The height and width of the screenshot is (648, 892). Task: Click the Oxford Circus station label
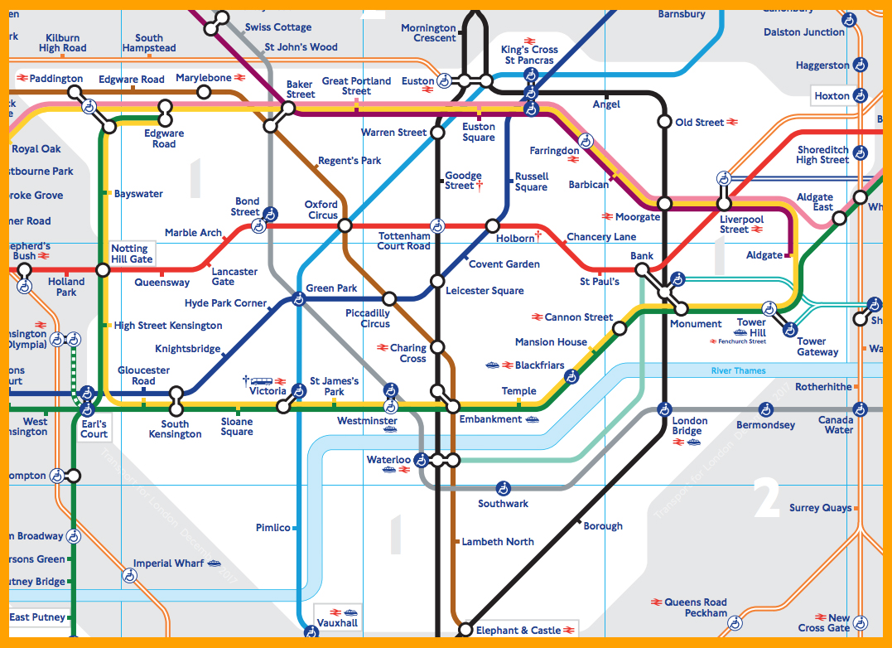(321, 210)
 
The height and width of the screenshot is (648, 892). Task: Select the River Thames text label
(738, 370)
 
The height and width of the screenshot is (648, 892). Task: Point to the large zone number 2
(766, 498)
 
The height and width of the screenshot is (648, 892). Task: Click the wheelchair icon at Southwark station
(503, 488)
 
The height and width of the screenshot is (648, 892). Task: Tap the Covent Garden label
(504, 264)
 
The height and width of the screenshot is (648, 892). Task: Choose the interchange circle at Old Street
(663, 122)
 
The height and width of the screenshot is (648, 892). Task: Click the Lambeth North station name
(498, 542)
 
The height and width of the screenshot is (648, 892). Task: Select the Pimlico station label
(273, 528)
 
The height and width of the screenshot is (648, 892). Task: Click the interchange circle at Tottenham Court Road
(436, 225)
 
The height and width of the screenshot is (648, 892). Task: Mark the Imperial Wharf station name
(168, 563)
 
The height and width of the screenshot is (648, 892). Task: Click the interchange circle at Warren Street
(436, 132)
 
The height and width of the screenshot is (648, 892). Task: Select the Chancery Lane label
(601, 237)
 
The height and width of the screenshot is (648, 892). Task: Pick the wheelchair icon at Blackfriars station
(571, 377)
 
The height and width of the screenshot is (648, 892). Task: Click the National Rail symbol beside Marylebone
(240, 78)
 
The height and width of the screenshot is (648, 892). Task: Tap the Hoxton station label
(832, 96)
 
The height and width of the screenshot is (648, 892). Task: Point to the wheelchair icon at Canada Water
(861, 409)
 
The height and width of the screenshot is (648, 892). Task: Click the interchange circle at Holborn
(493, 225)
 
